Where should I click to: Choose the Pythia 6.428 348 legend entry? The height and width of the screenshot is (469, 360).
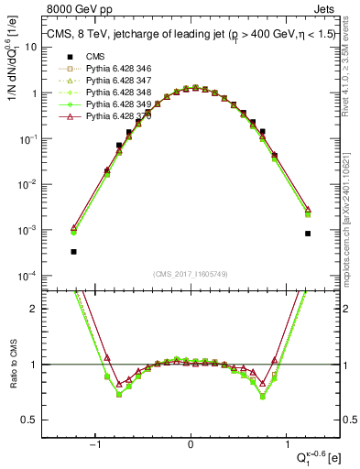point(115,93)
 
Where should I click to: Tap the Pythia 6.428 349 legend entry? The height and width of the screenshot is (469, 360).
point(115,104)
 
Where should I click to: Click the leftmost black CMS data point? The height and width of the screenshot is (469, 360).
point(73,251)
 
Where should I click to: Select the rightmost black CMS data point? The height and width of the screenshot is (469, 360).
point(309,234)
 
